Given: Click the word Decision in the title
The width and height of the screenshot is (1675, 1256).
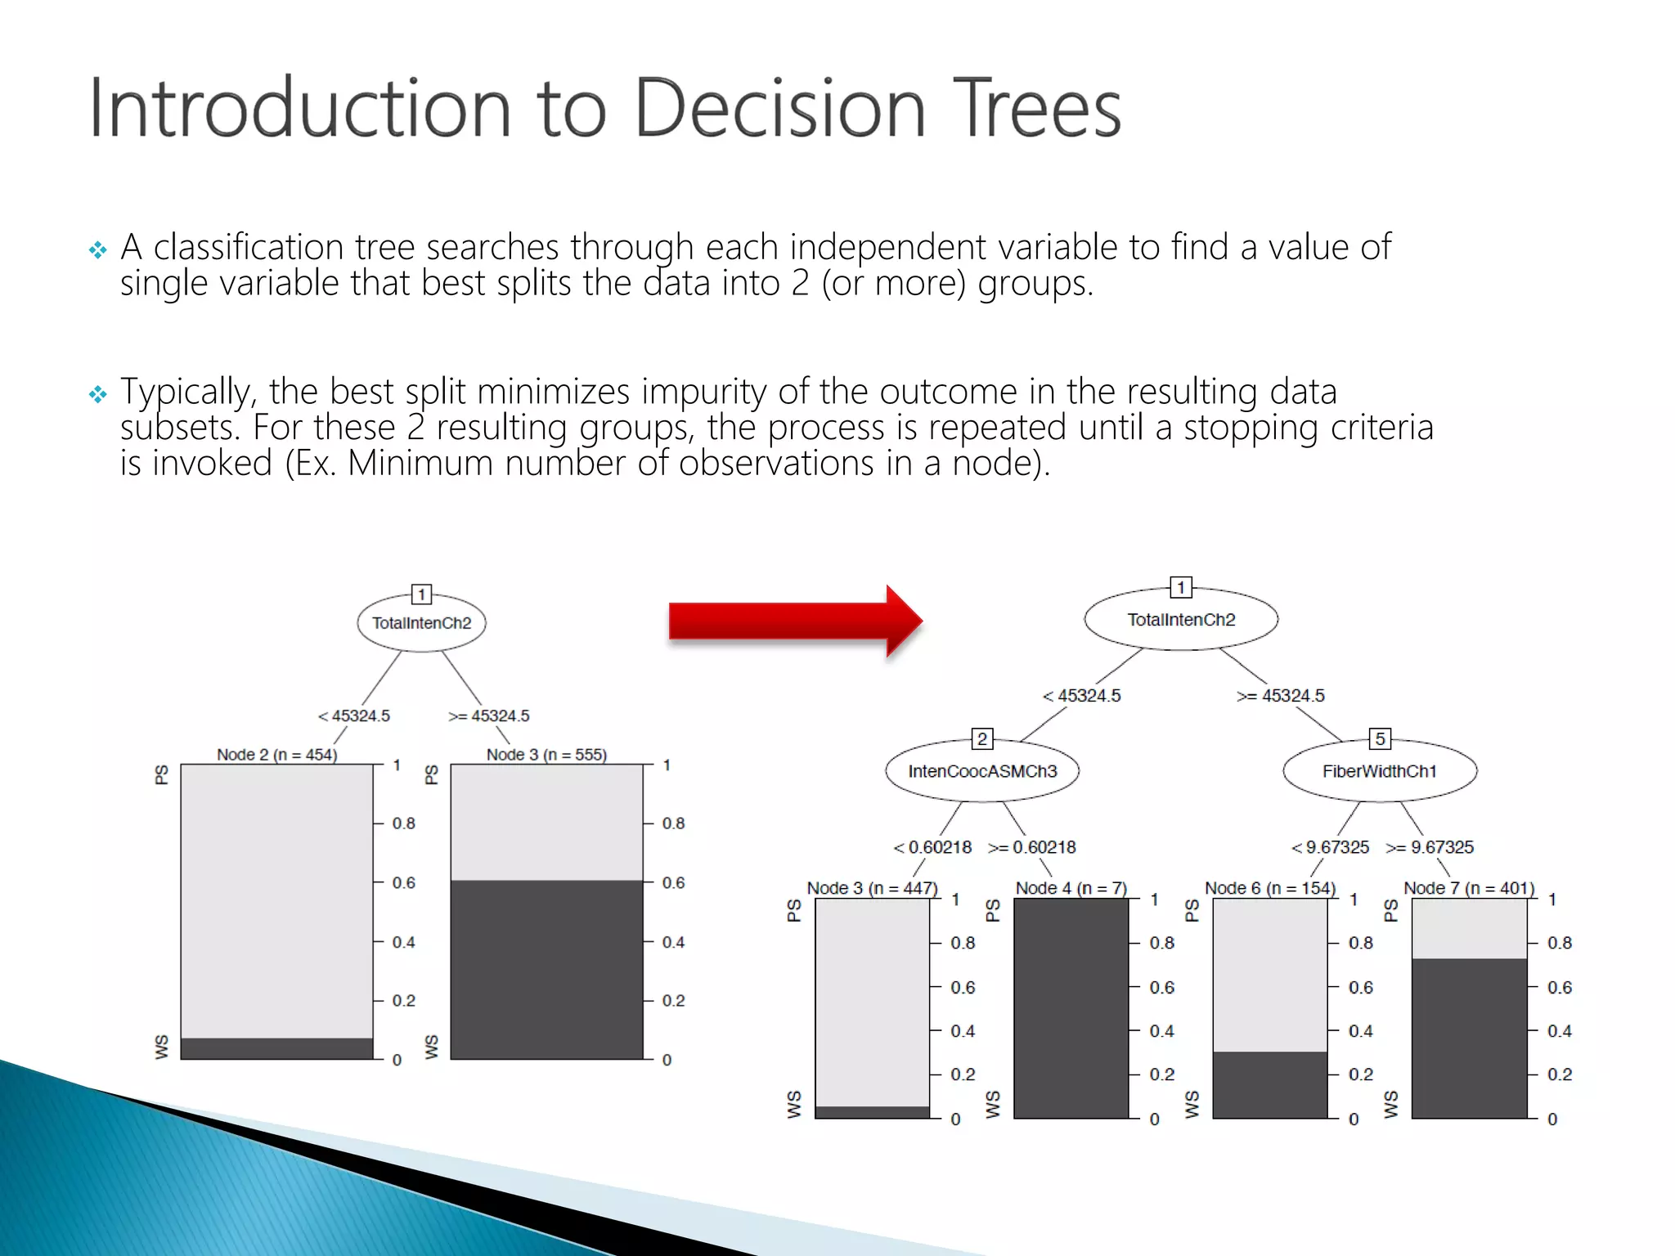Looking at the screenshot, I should [779, 108].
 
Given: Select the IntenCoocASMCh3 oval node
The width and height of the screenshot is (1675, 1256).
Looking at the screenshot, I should [982, 771].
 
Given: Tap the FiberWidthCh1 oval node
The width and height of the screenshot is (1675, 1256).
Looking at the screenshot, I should [1380, 771].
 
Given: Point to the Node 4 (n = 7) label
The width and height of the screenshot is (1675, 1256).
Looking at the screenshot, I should [1071, 888].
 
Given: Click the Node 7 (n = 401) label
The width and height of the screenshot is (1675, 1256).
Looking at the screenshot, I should [1469, 888].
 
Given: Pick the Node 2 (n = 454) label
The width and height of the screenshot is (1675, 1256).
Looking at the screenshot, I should [276, 755].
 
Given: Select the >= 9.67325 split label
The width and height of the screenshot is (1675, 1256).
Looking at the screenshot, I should [1430, 847].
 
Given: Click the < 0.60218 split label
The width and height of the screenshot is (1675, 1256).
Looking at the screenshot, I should [932, 847].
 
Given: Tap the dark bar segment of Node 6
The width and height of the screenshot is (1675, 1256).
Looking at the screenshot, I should [1269, 1085].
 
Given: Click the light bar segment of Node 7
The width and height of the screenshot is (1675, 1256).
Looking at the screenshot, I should [1469, 929].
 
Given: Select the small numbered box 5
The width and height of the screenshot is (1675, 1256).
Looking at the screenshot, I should [1380, 739].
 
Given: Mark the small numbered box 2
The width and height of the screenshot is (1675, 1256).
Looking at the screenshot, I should [982, 739].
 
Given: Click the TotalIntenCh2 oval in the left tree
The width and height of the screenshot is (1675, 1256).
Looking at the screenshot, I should [421, 623].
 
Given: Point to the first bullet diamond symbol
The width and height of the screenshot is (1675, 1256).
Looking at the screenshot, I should [98, 250].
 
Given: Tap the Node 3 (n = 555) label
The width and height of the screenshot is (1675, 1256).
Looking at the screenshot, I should [546, 755].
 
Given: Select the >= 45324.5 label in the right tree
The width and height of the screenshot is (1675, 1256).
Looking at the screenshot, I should [1281, 696].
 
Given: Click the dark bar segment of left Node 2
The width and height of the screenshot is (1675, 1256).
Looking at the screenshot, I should [276, 1048].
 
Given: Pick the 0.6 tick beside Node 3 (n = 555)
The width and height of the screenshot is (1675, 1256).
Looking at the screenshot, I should [673, 883].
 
